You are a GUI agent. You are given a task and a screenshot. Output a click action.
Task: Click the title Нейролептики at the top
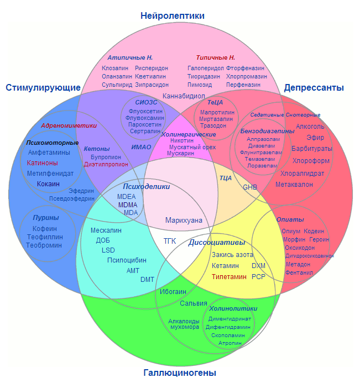[173, 15]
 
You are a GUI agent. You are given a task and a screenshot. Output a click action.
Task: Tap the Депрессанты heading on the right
[314, 87]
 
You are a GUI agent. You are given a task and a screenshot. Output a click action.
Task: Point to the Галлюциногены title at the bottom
[179, 373]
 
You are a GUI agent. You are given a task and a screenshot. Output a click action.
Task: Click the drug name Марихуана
[184, 220]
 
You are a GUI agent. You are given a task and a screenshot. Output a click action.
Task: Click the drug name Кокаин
[48, 183]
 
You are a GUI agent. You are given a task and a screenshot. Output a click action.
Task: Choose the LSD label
[108, 250]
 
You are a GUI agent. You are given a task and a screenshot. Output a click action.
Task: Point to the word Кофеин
[45, 228]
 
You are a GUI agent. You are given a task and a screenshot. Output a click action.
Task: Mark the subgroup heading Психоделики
[146, 186]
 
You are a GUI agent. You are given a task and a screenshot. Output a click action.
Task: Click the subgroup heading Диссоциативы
[217, 243]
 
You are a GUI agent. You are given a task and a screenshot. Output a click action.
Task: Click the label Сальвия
[193, 303]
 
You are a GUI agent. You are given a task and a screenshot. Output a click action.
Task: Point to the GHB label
[250, 187]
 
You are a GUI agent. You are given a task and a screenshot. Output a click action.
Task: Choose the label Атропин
[229, 343]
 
